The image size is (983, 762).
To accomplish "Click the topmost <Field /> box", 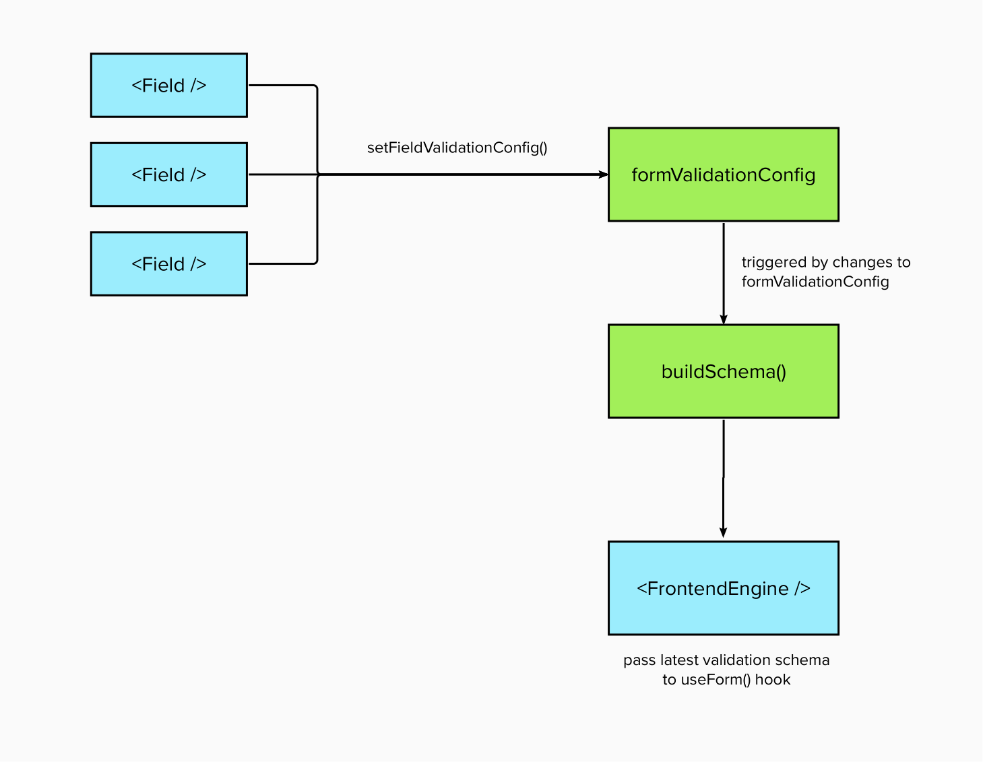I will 168,86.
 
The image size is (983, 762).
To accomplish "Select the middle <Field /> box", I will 168,174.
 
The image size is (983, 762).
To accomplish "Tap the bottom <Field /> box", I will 168,264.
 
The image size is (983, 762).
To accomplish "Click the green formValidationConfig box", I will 723,174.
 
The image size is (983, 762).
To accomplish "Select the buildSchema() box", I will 723,371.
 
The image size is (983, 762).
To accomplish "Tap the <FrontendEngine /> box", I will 723,588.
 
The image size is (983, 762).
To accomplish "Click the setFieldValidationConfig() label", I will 457,148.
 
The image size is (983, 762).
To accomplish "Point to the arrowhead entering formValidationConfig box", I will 603,174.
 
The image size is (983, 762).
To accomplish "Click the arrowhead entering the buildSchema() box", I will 724,319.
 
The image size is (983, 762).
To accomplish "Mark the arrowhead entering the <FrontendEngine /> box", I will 723,532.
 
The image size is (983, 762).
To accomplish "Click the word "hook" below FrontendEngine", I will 773,680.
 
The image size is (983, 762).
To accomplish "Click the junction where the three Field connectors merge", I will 317,174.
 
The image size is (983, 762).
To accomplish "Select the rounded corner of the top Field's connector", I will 315,87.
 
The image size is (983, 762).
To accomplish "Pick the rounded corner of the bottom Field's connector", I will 315,262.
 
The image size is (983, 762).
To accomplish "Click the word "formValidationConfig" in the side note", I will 815,282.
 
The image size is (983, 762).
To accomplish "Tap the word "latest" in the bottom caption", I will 680,660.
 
